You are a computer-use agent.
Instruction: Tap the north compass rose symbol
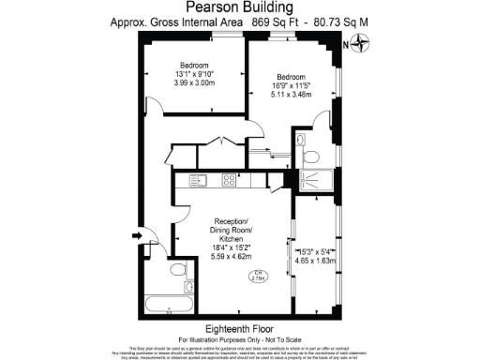362,43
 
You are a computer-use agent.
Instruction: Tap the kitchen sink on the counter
199,179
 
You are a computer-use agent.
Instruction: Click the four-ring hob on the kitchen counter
228,179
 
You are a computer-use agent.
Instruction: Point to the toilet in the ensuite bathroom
311,154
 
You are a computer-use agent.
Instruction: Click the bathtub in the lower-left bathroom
163,303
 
